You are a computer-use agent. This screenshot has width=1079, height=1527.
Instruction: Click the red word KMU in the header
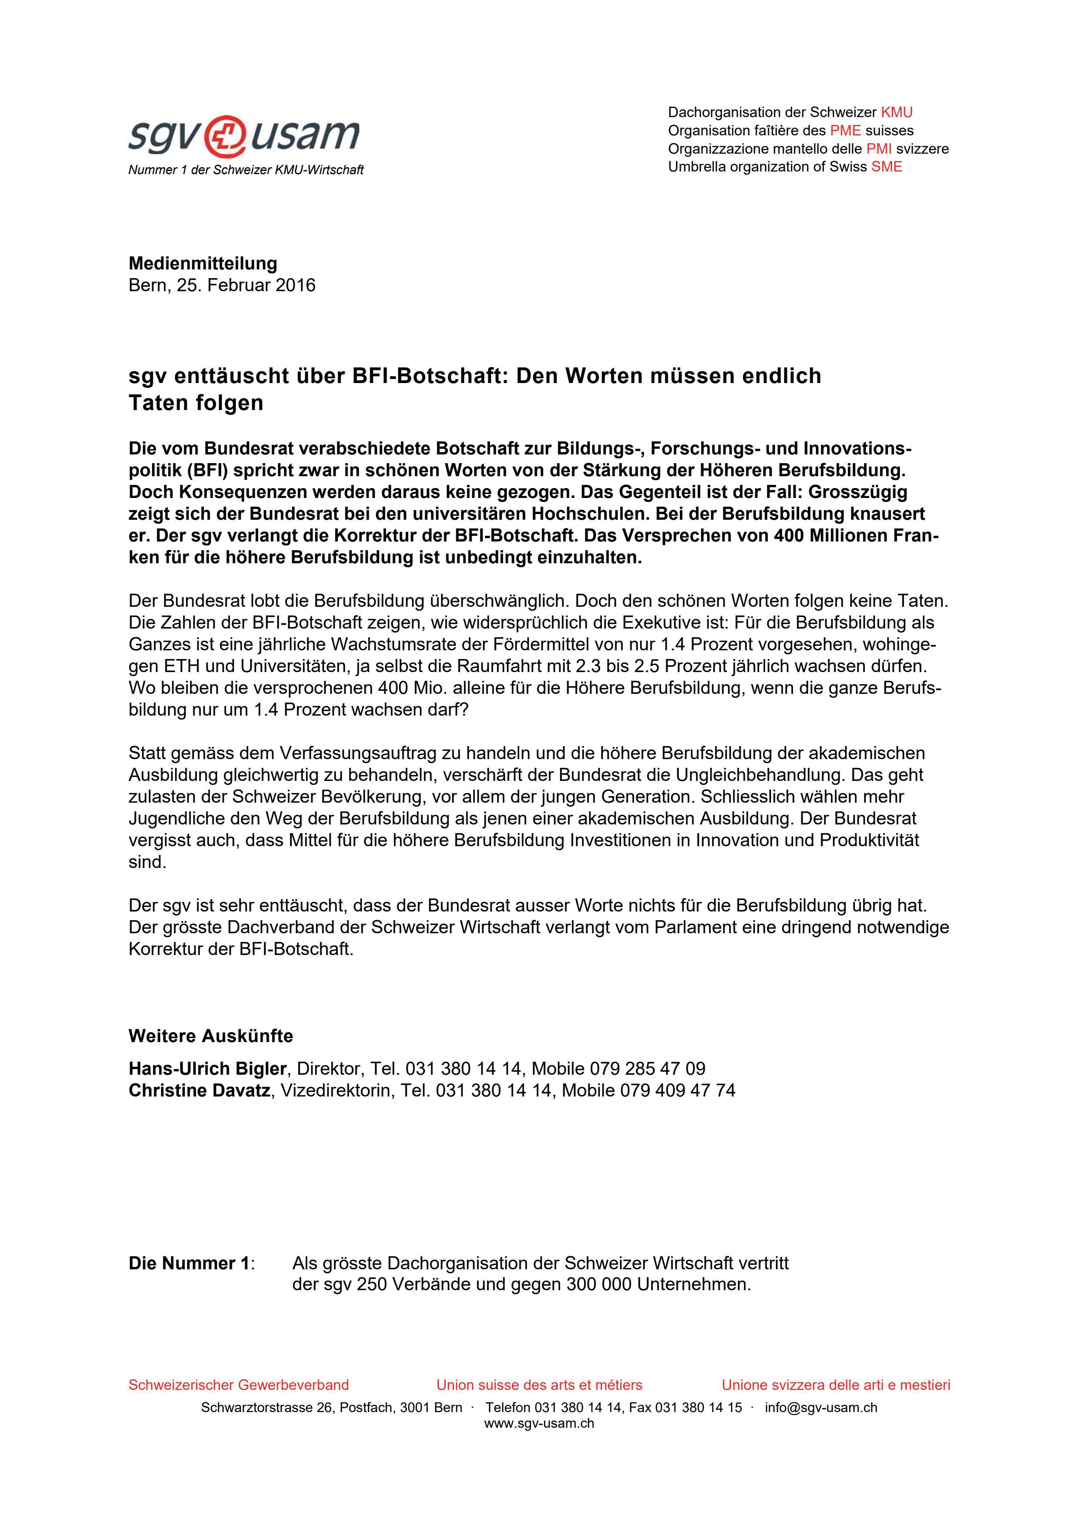tap(896, 112)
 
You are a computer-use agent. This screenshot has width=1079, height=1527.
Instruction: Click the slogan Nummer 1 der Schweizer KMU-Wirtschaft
tap(246, 170)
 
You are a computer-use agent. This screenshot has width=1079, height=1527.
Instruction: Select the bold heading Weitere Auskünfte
tap(211, 1036)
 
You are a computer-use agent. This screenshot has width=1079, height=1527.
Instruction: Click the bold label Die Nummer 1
tap(189, 1263)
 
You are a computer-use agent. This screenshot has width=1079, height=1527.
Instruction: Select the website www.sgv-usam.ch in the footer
tap(539, 1424)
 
